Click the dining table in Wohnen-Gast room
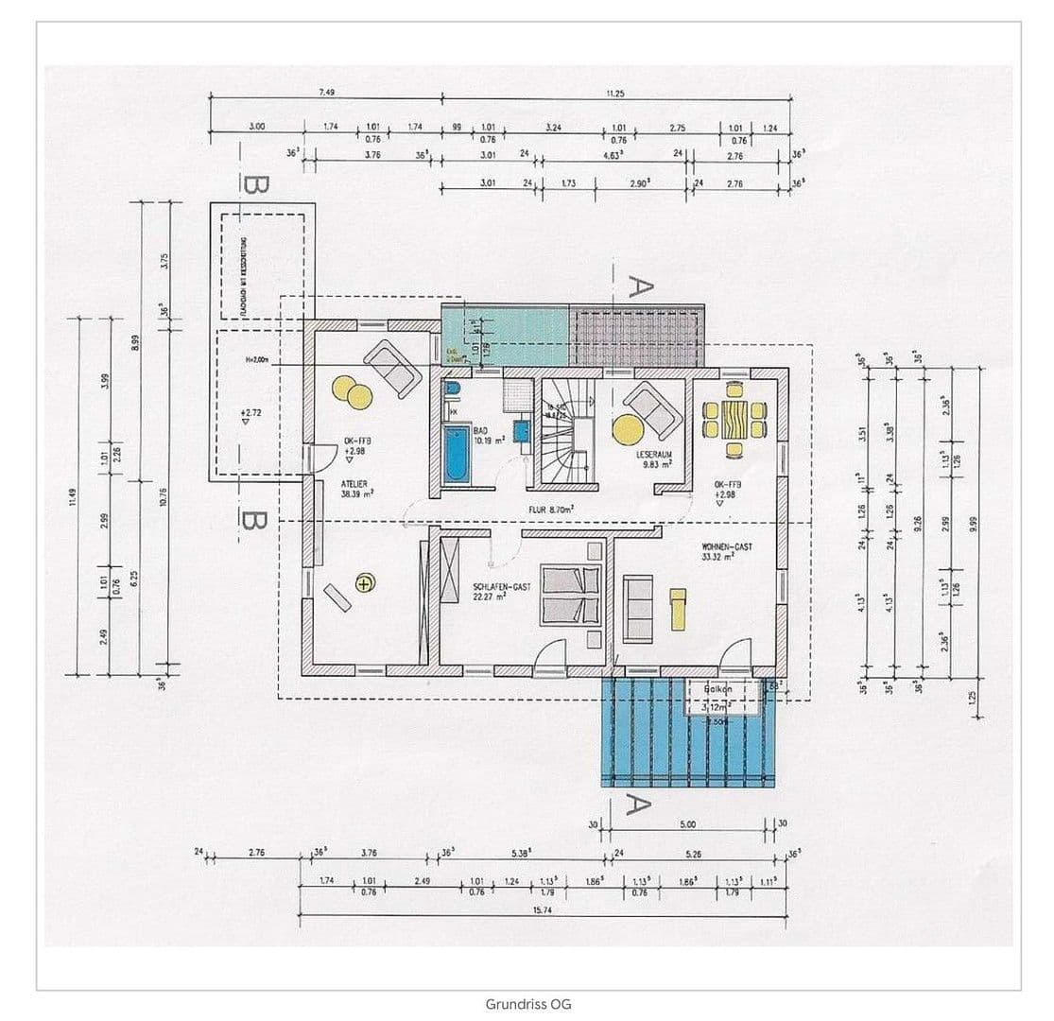point(734,416)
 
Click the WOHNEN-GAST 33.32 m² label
point(726,551)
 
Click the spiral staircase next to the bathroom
point(564,434)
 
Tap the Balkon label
point(717,690)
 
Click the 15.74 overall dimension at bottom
point(543,909)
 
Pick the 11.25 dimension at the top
point(614,92)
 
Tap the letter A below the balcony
point(639,806)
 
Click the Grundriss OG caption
point(528,1004)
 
